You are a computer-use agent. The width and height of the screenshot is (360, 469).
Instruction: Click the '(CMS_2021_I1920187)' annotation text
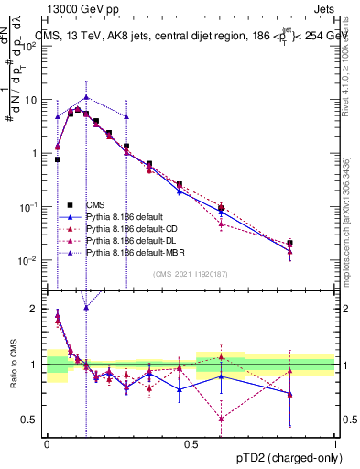(191, 272)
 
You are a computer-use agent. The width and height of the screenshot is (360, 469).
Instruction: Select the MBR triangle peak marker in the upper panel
(85, 96)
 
